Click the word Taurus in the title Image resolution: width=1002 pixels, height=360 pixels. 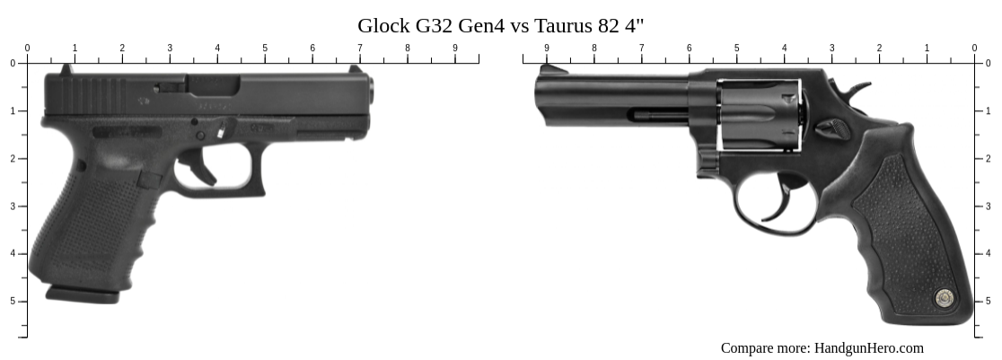[x=556, y=25]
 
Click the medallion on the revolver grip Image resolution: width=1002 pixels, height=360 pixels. [x=943, y=297]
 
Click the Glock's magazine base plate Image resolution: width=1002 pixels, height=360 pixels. [x=81, y=294]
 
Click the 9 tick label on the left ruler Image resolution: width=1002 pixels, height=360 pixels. [x=455, y=48]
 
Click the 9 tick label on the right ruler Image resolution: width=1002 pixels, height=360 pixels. [x=547, y=48]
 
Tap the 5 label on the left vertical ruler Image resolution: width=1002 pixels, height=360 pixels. [x=13, y=301]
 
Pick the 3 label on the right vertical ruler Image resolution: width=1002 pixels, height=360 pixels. [x=989, y=206]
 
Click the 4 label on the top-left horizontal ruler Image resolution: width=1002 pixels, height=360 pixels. [x=217, y=48]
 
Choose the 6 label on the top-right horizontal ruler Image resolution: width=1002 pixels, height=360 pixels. [x=690, y=48]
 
